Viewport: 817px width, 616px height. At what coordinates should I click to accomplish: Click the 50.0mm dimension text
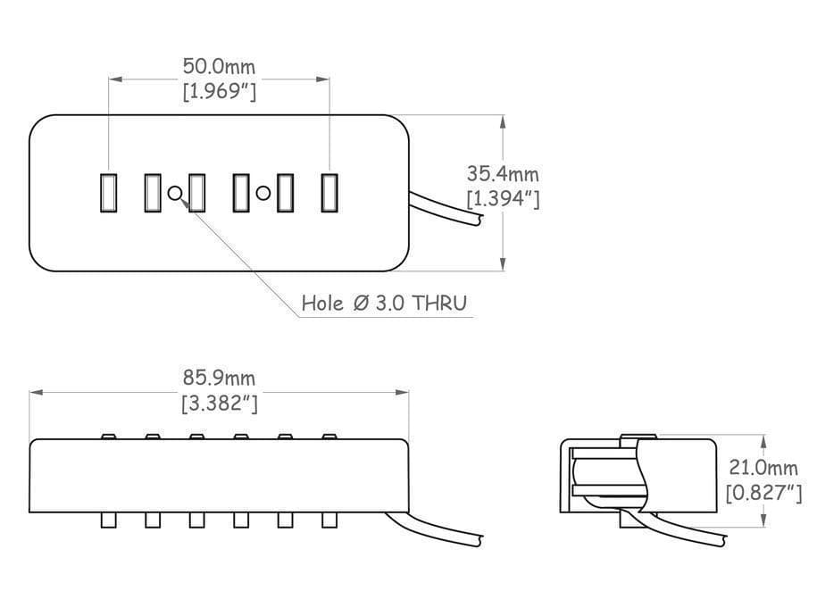[x=219, y=67]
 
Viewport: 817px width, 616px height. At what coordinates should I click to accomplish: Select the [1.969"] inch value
[x=220, y=92]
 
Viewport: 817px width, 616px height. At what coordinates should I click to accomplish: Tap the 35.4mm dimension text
[x=503, y=173]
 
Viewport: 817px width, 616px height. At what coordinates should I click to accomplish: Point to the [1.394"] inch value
[x=503, y=198]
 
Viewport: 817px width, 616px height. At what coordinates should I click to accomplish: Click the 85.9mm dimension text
[x=219, y=378]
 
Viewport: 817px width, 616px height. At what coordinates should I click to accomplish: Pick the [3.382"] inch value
[x=220, y=403]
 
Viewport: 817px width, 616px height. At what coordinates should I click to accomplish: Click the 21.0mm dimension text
[x=763, y=468]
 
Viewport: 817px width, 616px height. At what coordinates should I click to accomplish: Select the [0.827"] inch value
[x=763, y=493]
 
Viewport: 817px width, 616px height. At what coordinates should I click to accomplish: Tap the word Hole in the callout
[x=322, y=303]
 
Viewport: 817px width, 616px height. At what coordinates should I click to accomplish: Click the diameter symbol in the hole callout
[x=361, y=303]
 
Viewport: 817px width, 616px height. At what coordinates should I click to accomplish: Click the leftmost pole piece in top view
[x=108, y=193]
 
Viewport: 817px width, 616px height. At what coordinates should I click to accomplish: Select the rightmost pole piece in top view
[x=329, y=193]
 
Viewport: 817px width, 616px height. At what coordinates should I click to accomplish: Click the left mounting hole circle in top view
[x=175, y=193]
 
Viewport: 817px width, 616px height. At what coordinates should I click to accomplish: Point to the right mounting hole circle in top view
[x=263, y=193]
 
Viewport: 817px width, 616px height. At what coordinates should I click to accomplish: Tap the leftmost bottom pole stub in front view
[x=108, y=520]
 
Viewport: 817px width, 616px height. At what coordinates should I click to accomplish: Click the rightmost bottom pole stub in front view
[x=329, y=520]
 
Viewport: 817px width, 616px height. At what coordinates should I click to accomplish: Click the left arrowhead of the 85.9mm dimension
[x=36, y=392]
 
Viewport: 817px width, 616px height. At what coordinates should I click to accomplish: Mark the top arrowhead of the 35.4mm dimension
[x=503, y=121]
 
